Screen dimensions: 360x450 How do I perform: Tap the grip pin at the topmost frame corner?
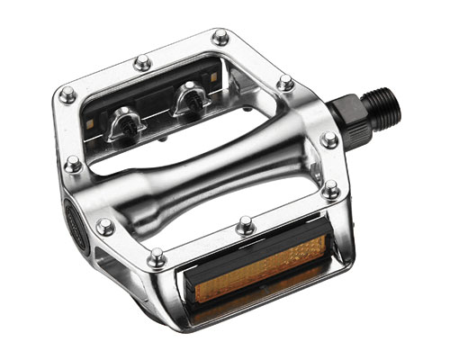(x=220, y=37)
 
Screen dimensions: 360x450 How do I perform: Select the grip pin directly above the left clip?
(x=141, y=63)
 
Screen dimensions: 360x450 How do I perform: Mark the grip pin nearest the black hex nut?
(x=330, y=139)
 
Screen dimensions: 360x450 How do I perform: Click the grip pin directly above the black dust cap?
(x=73, y=165)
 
